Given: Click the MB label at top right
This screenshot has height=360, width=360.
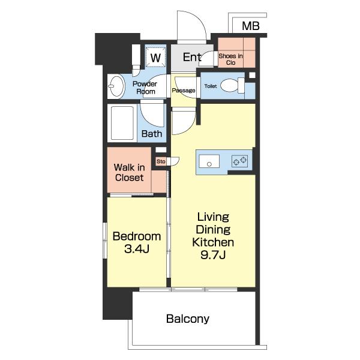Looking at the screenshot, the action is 251,26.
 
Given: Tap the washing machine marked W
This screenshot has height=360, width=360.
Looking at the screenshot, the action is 155,57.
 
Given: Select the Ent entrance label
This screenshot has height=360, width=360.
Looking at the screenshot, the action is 192,57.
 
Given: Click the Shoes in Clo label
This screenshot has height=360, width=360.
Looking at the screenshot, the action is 230,59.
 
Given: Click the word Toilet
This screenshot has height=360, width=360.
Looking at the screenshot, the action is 211,86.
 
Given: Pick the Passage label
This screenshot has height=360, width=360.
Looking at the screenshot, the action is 184,90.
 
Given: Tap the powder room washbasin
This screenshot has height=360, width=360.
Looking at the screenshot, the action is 116,86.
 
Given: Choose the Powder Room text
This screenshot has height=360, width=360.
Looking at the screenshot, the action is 145,88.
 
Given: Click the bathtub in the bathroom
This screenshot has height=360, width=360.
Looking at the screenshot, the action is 122,123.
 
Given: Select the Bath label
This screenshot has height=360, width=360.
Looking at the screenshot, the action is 152,134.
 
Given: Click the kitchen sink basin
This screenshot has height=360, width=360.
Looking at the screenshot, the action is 209,161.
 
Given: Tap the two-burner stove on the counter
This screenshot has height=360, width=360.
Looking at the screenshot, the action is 239,161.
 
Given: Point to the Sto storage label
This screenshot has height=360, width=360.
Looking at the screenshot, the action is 161,161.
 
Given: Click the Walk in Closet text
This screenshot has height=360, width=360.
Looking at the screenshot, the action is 129,172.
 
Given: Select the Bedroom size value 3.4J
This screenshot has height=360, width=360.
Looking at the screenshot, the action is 137,248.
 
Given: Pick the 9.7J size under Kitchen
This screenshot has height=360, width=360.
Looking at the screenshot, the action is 213,254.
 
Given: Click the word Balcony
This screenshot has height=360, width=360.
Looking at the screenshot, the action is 188,319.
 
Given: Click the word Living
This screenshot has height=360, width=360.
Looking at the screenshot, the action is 213,217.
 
